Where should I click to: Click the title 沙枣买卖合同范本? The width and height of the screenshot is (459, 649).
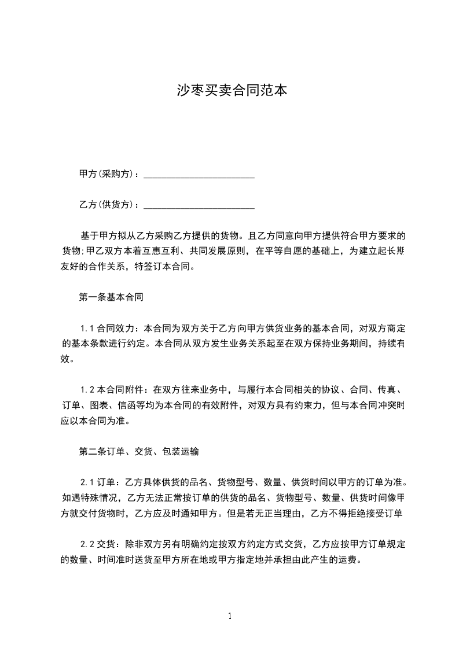pyautogui.click(x=232, y=90)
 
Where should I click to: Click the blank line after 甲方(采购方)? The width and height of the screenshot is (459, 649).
pyautogui.click(x=199, y=175)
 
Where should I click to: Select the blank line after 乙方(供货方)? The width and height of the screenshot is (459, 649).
pyautogui.click(x=199, y=205)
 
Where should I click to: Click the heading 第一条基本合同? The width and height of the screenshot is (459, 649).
pyautogui.click(x=111, y=298)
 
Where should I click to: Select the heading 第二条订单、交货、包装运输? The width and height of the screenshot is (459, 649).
pyautogui.click(x=139, y=451)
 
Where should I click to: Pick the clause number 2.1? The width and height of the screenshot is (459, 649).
pyautogui.click(x=87, y=482)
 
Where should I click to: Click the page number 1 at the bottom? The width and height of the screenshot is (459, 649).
pyautogui.click(x=230, y=616)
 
